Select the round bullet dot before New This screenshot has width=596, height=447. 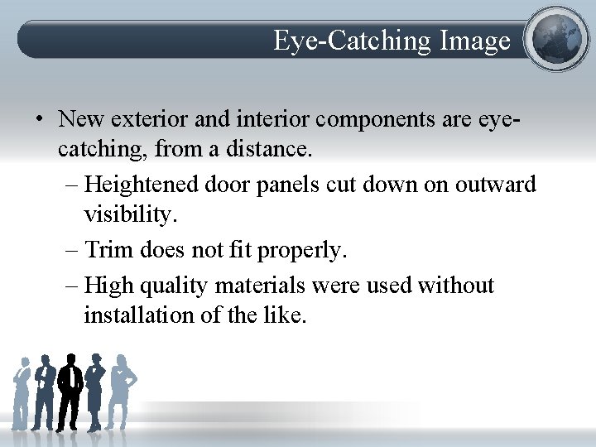39,119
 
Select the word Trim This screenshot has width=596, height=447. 109,248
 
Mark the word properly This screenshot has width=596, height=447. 305,248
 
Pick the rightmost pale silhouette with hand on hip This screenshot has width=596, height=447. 122,389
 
